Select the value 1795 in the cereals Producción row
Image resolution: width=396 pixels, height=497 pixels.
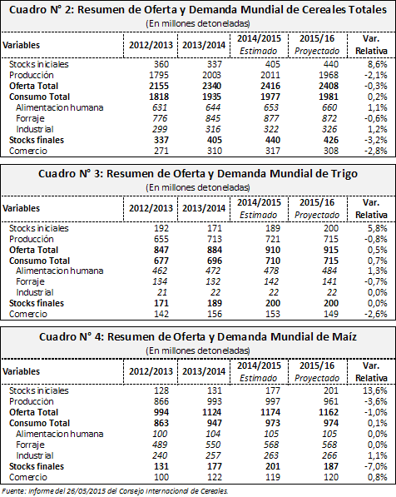(x=159, y=75)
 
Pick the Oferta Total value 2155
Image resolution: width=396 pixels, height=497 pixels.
(x=159, y=86)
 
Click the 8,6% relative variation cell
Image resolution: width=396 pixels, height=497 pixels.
(x=378, y=64)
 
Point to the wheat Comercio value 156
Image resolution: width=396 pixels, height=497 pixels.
(x=215, y=314)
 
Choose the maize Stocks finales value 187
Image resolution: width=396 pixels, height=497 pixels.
(x=331, y=466)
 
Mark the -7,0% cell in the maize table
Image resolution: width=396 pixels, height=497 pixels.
(x=376, y=466)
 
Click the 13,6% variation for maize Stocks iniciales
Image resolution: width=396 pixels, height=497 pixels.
(x=375, y=390)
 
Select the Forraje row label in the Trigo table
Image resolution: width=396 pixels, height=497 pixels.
(x=31, y=281)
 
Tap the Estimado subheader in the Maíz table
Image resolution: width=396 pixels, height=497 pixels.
(x=258, y=378)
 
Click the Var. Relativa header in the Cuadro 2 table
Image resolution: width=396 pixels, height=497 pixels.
(x=371, y=45)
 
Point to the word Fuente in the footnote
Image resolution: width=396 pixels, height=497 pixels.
(x=14, y=491)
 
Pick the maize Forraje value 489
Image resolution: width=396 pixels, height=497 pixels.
(x=160, y=445)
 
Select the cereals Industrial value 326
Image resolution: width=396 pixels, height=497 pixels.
(x=329, y=129)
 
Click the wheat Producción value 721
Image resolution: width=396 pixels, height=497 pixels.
(x=273, y=239)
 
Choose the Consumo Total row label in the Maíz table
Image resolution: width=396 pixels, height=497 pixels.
(x=39, y=424)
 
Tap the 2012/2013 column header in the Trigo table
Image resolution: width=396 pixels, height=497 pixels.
(x=151, y=209)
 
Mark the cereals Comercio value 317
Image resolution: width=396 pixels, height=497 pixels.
(x=273, y=151)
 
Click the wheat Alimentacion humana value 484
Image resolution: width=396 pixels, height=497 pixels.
(x=329, y=271)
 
